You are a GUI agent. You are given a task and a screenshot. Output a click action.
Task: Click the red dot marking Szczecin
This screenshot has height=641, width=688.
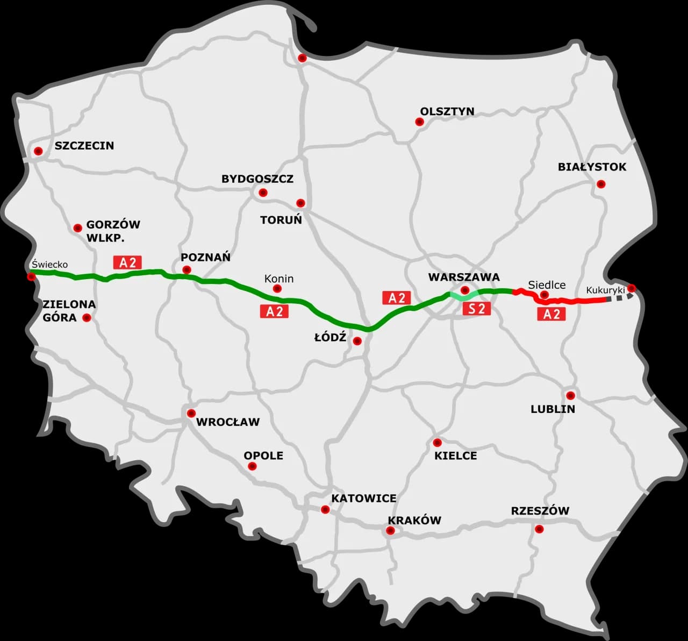(38, 151)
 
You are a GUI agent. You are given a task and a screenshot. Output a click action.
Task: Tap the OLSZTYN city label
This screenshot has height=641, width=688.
(447, 111)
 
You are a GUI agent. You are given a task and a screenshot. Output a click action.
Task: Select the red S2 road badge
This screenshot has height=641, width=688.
(477, 308)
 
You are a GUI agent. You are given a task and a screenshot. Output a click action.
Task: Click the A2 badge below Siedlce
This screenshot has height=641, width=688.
(551, 314)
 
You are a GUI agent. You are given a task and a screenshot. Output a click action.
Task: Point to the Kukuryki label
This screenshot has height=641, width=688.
(605, 290)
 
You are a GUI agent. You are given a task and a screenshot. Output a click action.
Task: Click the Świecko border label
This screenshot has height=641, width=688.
(49, 265)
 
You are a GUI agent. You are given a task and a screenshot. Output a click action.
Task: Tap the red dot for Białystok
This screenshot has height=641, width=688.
(601, 184)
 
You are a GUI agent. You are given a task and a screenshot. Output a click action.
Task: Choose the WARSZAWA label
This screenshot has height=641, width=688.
(464, 277)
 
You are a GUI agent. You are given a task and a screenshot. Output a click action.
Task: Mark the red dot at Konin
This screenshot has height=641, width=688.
(277, 289)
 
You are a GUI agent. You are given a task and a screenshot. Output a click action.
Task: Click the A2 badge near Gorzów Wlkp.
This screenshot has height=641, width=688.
(127, 262)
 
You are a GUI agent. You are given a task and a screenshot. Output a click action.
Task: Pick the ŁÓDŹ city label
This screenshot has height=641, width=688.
(330, 338)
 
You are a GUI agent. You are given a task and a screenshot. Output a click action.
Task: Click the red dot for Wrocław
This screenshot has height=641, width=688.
(191, 413)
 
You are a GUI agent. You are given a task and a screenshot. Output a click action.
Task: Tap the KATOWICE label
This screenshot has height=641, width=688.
(363, 498)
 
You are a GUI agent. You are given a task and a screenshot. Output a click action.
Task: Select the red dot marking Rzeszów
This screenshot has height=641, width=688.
(539, 529)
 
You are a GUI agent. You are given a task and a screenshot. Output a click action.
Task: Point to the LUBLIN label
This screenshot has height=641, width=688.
(553, 409)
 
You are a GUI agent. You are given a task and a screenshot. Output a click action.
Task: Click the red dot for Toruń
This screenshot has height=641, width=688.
(300, 203)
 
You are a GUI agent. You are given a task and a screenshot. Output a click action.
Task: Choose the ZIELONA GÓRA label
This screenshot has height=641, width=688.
(69, 311)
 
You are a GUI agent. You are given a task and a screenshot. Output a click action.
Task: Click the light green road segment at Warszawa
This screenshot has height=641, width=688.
(460, 295)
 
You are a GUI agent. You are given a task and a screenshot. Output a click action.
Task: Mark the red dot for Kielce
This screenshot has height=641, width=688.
(437, 443)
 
